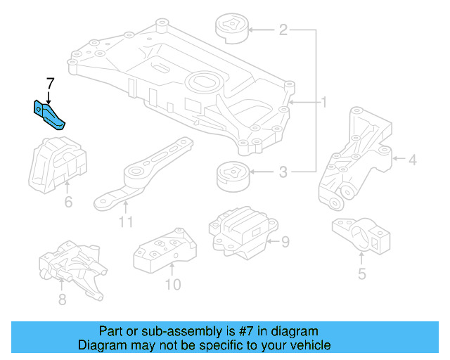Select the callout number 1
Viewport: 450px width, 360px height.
click(x=324, y=103)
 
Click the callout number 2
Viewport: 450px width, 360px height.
click(x=283, y=30)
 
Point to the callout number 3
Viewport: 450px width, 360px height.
click(x=283, y=172)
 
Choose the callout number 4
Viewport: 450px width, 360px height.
click(x=412, y=161)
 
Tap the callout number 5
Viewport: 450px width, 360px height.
click(x=361, y=274)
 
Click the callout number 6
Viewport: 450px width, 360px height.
click(x=68, y=202)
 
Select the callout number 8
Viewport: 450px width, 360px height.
click(x=62, y=300)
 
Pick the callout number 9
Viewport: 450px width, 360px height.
click(x=285, y=243)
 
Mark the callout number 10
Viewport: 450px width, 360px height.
click(x=172, y=284)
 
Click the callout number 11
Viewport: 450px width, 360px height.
click(x=125, y=223)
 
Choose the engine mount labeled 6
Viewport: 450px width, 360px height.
click(x=58, y=161)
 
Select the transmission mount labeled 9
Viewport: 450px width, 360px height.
click(x=239, y=228)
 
